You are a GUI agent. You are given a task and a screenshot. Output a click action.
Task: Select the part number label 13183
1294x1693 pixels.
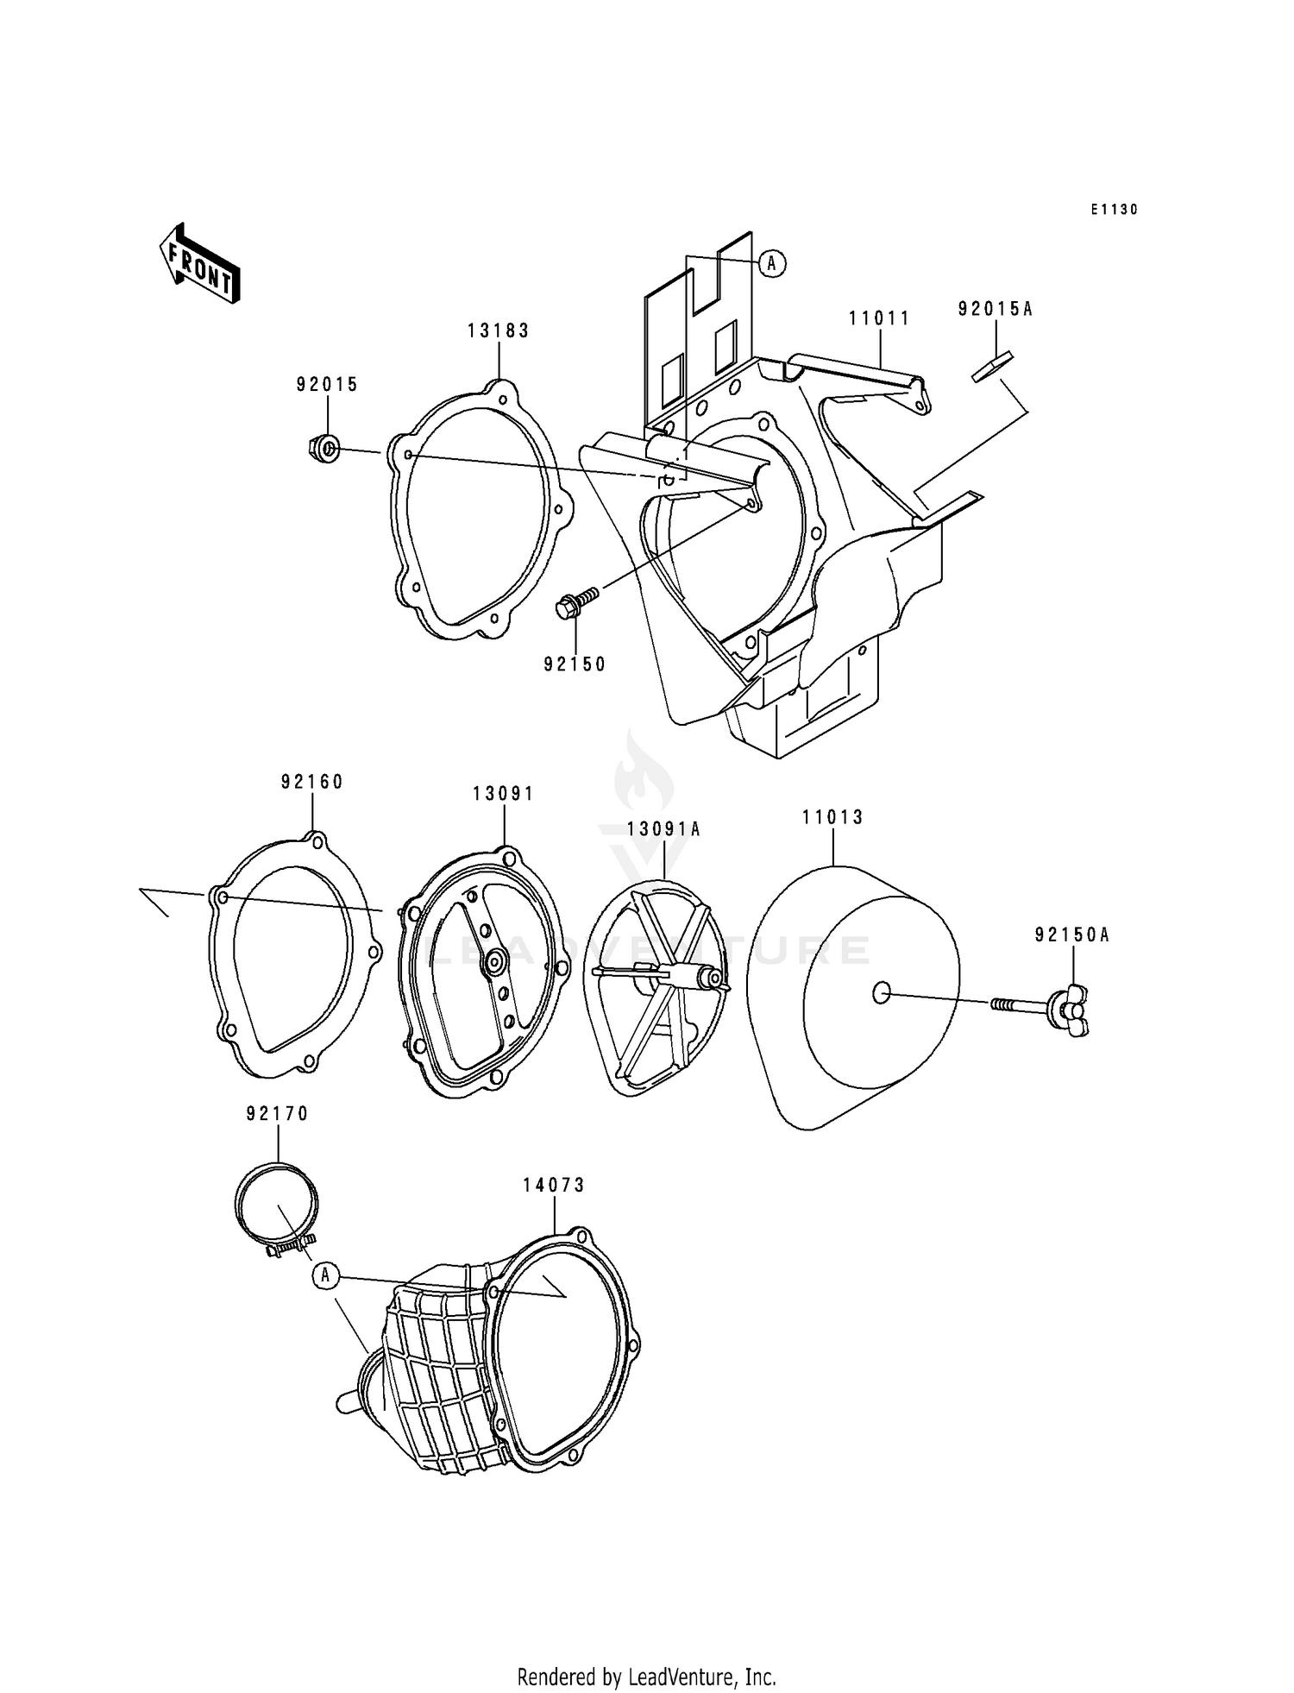[x=499, y=330]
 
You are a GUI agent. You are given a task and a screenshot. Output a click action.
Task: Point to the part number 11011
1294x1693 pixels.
[x=879, y=318]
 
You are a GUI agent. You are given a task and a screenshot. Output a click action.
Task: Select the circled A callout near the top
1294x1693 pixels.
[x=772, y=263]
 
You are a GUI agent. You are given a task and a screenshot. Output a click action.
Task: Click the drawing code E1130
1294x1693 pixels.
[x=1114, y=210]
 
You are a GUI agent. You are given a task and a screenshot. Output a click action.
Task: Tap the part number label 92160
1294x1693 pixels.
[x=311, y=782]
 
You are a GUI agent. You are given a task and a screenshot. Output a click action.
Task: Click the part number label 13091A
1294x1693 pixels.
[x=663, y=829]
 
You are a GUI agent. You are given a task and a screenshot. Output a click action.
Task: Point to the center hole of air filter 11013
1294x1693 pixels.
[x=880, y=993]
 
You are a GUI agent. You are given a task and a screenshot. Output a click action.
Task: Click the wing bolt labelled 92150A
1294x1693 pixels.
[x=1068, y=1006]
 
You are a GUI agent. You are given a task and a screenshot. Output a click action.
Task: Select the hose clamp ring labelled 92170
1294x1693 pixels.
[x=276, y=1204]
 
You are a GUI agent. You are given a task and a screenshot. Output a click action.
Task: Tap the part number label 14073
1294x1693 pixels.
[x=553, y=1186]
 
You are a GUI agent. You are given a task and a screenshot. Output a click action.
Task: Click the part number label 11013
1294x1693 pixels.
[x=832, y=817]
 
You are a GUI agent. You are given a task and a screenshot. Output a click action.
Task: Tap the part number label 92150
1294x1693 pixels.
[x=575, y=664]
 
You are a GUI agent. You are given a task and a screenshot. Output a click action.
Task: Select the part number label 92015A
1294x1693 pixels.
[x=995, y=309]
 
